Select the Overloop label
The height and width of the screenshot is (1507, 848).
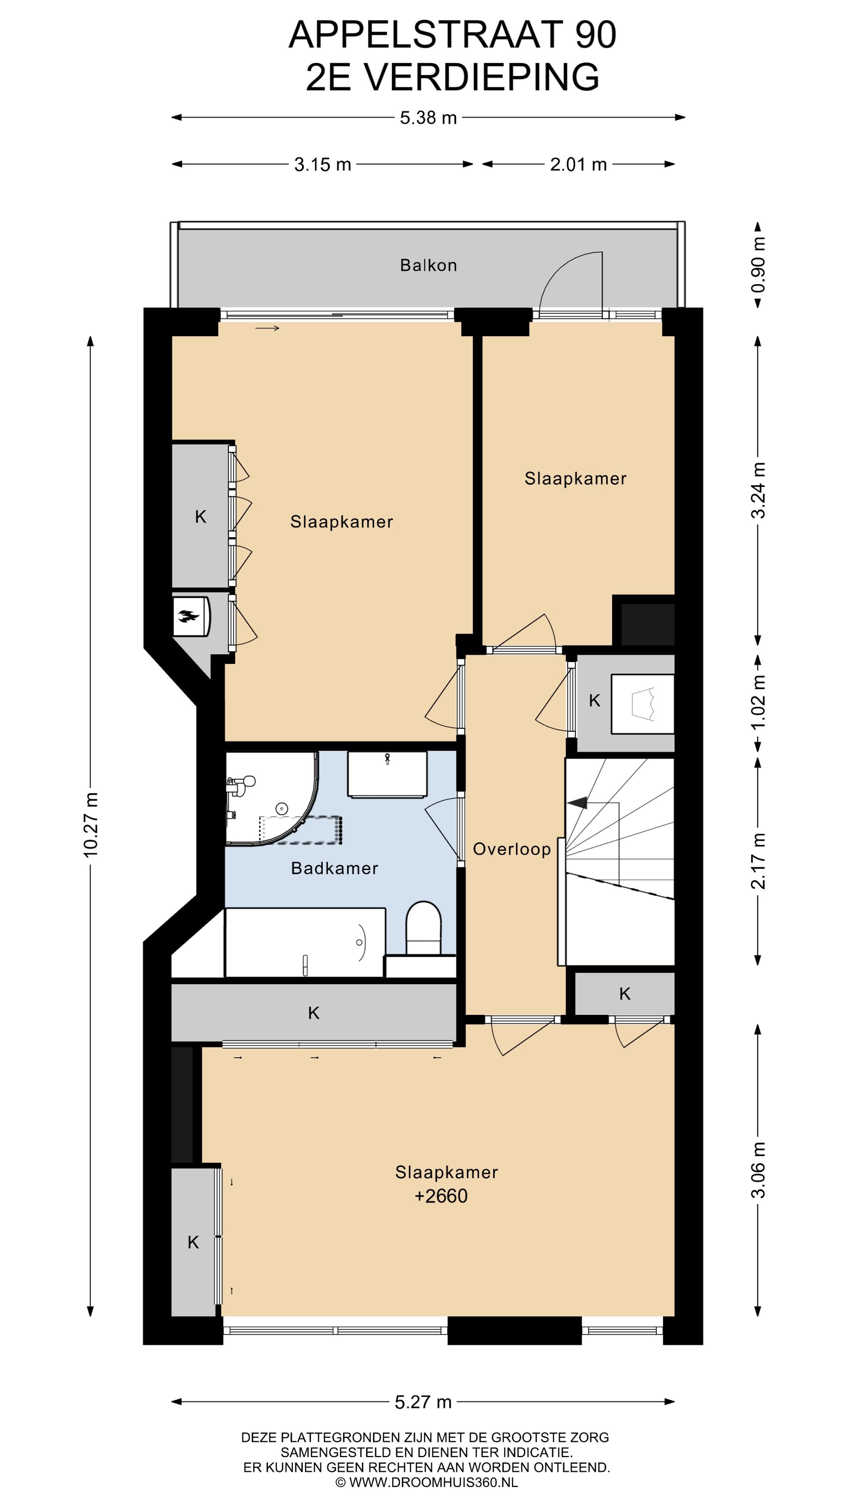click(512, 849)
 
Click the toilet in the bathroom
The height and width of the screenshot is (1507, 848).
click(423, 929)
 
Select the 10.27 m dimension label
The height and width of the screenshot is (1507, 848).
click(90, 825)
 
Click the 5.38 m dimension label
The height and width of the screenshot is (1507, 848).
click(428, 118)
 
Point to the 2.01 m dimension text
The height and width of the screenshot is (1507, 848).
click(578, 164)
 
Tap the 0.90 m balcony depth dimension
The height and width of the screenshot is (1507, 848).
click(758, 265)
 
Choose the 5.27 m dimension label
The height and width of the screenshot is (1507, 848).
click(423, 1402)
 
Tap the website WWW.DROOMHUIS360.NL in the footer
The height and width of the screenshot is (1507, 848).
click(433, 1482)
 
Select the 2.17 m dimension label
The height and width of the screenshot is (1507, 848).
click(758, 861)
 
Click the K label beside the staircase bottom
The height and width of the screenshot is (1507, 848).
click(625, 993)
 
